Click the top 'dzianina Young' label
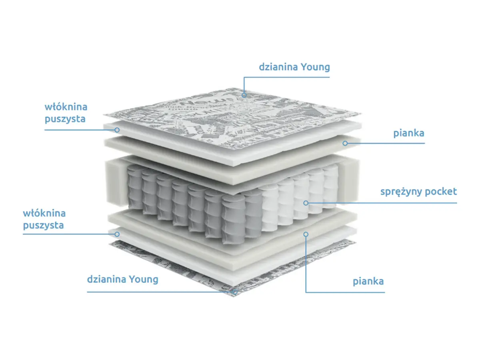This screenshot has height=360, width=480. point(294,67)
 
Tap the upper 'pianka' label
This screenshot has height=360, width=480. point(408,133)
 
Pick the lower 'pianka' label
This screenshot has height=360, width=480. point(368,281)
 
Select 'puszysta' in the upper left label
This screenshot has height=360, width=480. point(65,119)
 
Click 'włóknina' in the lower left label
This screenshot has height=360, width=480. point(44,213)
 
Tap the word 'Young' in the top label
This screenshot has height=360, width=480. point(315,67)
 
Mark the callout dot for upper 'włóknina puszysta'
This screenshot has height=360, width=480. point(117,130)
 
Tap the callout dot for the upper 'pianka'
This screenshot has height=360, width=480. point(345,143)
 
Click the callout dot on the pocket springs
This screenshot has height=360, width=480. point(306,203)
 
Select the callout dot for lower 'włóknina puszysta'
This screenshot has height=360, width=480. point(117,234)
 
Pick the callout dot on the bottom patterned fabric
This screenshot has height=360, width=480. point(235,292)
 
